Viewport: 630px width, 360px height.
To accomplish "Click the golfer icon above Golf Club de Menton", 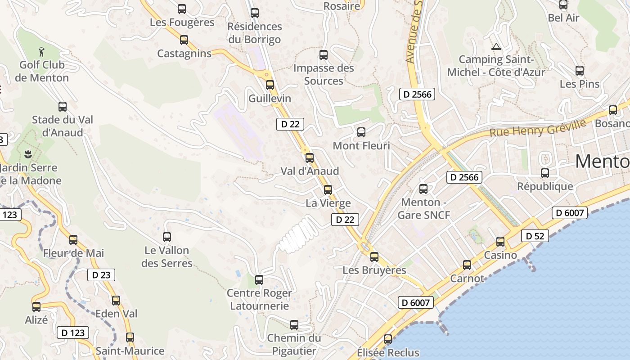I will click(x=42, y=51).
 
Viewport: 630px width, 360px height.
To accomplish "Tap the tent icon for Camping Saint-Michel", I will click(x=496, y=46).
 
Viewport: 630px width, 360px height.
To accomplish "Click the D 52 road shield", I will click(x=535, y=236).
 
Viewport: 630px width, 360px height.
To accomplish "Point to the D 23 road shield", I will click(x=101, y=274).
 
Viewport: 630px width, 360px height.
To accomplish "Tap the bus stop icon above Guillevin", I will click(x=270, y=85).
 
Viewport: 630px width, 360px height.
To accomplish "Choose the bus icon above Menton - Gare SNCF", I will click(x=423, y=189).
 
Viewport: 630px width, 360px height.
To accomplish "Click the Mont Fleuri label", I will click(x=361, y=146).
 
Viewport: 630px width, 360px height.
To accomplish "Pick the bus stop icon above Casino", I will click(x=500, y=242).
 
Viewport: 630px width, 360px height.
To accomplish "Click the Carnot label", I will click(x=467, y=279).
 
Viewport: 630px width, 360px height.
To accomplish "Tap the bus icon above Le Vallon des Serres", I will click(x=167, y=237).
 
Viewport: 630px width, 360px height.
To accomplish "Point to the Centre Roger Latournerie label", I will click(x=259, y=300).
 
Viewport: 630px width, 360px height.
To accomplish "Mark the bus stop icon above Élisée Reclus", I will click(x=388, y=339).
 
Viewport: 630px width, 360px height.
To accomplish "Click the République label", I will click(x=545, y=186).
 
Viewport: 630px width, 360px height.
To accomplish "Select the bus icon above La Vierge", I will click(x=328, y=189).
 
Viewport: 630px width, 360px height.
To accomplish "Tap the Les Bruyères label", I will click(x=374, y=270).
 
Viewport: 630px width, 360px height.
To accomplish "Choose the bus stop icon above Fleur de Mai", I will click(x=73, y=239).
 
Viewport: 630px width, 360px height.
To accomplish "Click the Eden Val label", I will click(x=117, y=314).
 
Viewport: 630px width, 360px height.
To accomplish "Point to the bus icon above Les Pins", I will click(x=580, y=71).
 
